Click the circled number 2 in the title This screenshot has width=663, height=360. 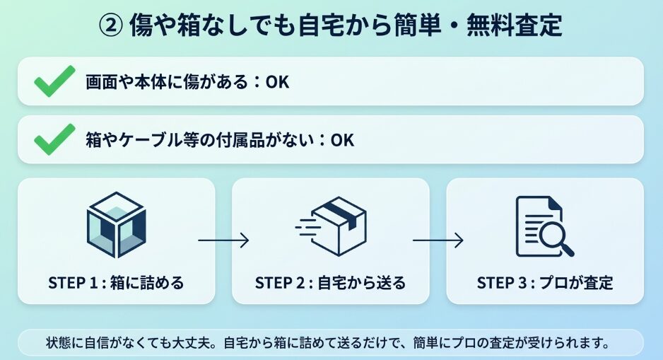(x=111, y=26)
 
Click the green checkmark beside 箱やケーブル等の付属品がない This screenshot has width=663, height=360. (x=54, y=139)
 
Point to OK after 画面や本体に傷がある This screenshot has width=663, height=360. (x=277, y=82)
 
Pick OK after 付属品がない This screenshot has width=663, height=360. (x=341, y=140)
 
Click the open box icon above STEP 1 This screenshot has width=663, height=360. (x=116, y=224)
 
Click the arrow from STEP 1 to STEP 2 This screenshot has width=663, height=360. (x=223, y=240)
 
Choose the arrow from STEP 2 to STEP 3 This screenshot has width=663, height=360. (x=438, y=240)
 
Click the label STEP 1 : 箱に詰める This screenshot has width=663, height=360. (x=116, y=283)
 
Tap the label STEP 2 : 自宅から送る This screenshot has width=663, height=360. (x=331, y=283)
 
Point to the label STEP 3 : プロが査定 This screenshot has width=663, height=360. (x=544, y=283)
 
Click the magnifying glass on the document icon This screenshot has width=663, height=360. (x=556, y=238)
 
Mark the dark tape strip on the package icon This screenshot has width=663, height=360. (x=342, y=212)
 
